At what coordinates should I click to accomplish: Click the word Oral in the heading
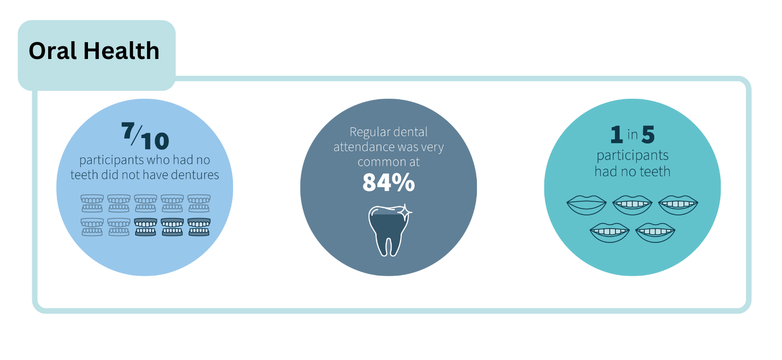pyautogui.click(x=53, y=51)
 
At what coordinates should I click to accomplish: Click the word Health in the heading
pyautogui.click(x=122, y=51)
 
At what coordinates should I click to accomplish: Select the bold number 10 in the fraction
pyautogui.click(x=155, y=141)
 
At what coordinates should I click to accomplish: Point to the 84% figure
pyautogui.click(x=388, y=182)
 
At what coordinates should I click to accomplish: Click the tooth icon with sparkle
pyautogui.click(x=390, y=230)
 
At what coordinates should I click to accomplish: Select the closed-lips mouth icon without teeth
pyautogui.click(x=586, y=205)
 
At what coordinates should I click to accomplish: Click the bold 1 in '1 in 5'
pyautogui.click(x=616, y=135)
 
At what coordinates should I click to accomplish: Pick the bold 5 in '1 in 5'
pyautogui.click(x=648, y=135)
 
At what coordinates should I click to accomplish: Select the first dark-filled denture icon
pyautogui.click(x=146, y=227)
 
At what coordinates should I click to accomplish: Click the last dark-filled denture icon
pyautogui.click(x=199, y=227)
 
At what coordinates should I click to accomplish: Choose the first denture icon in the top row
pyautogui.click(x=92, y=203)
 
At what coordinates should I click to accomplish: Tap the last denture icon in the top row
pyautogui.click(x=199, y=203)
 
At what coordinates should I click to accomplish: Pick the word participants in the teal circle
pyautogui.click(x=633, y=156)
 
